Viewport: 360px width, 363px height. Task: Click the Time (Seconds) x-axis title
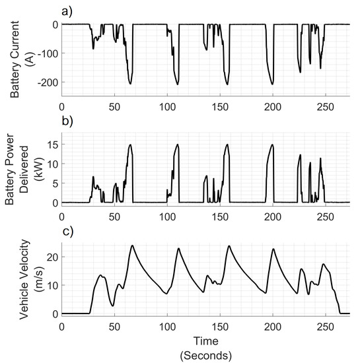click(206, 350)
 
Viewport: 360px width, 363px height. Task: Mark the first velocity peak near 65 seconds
click(132, 246)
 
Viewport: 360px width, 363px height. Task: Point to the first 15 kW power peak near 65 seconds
click(130, 145)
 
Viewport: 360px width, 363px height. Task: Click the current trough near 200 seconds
click(272, 84)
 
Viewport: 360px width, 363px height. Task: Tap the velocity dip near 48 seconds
click(113, 306)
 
